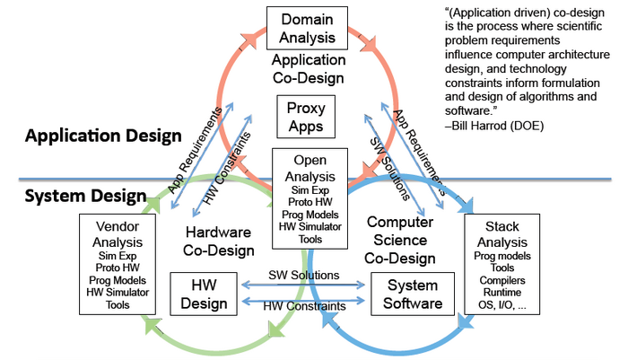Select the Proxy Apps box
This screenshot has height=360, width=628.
coord(307,116)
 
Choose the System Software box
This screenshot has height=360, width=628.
coord(407,294)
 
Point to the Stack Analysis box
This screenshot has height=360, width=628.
coord(502,263)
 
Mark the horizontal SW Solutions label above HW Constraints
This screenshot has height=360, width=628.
coord(304,275)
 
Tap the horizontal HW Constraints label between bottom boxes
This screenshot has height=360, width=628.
coord(304,306)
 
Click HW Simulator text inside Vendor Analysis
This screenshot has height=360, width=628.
coord(111,291)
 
